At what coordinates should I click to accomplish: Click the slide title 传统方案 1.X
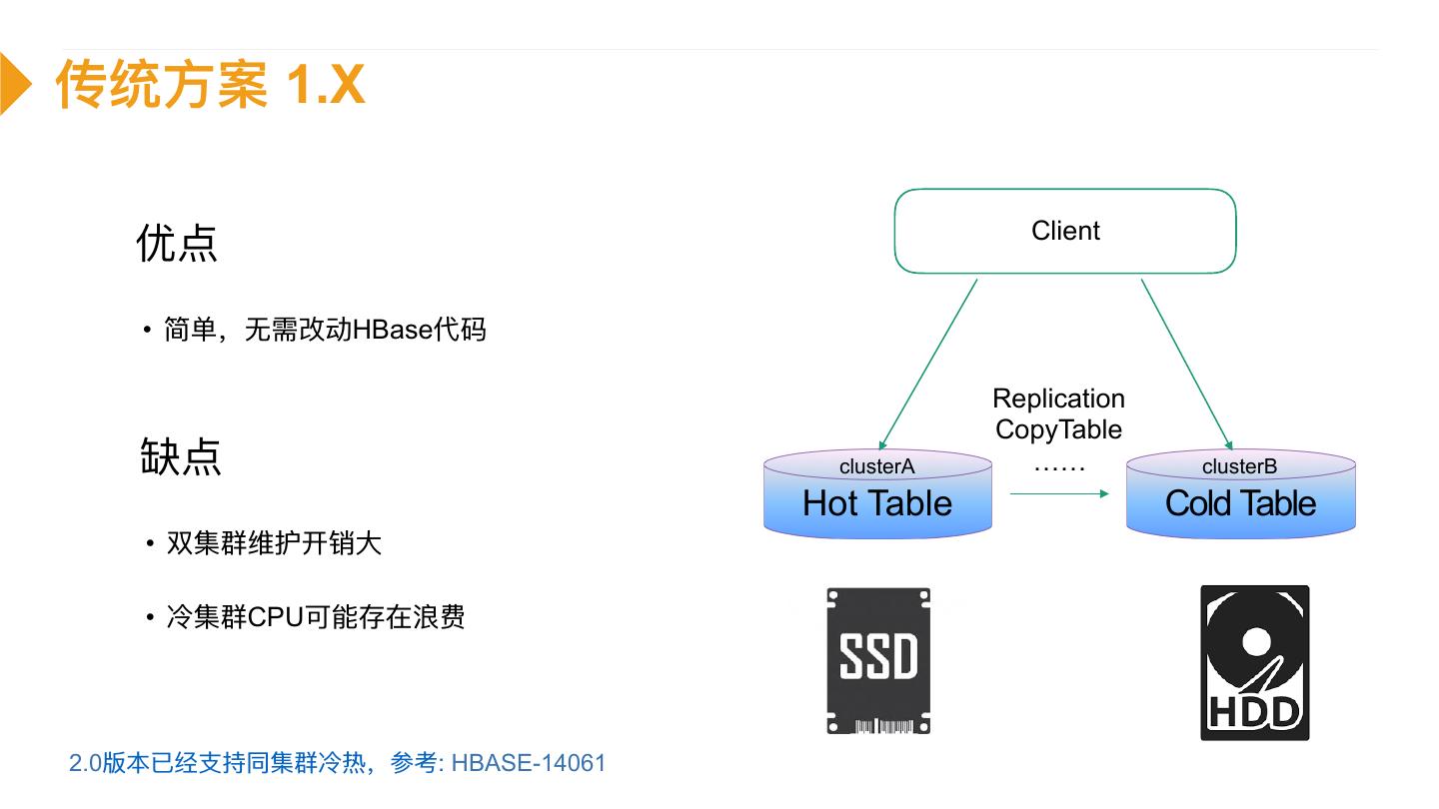(210, 84)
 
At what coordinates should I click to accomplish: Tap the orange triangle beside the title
(14, 84)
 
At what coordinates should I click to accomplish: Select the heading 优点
(177, 243)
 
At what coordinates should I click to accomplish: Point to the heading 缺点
(180, 456)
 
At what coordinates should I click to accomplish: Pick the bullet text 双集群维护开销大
(274, 543)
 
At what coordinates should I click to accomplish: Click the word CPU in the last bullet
(275, 616)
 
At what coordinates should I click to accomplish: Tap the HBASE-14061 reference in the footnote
(529, 763)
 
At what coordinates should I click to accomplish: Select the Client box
(1065, 231)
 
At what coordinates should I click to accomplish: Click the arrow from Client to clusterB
(1186, 362)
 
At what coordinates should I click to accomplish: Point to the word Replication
(1058, 399)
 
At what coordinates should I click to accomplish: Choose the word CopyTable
(1058, 429)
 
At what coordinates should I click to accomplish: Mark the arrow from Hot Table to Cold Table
(1059, 493)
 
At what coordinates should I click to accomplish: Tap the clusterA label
(876, 466)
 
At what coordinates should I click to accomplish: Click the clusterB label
(1239, 466)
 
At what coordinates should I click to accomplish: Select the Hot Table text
(877, 503)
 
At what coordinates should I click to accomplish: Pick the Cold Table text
(1240, 503)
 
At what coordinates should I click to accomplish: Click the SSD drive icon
(878, 660)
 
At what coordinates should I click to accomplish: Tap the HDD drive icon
(1254, 662)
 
